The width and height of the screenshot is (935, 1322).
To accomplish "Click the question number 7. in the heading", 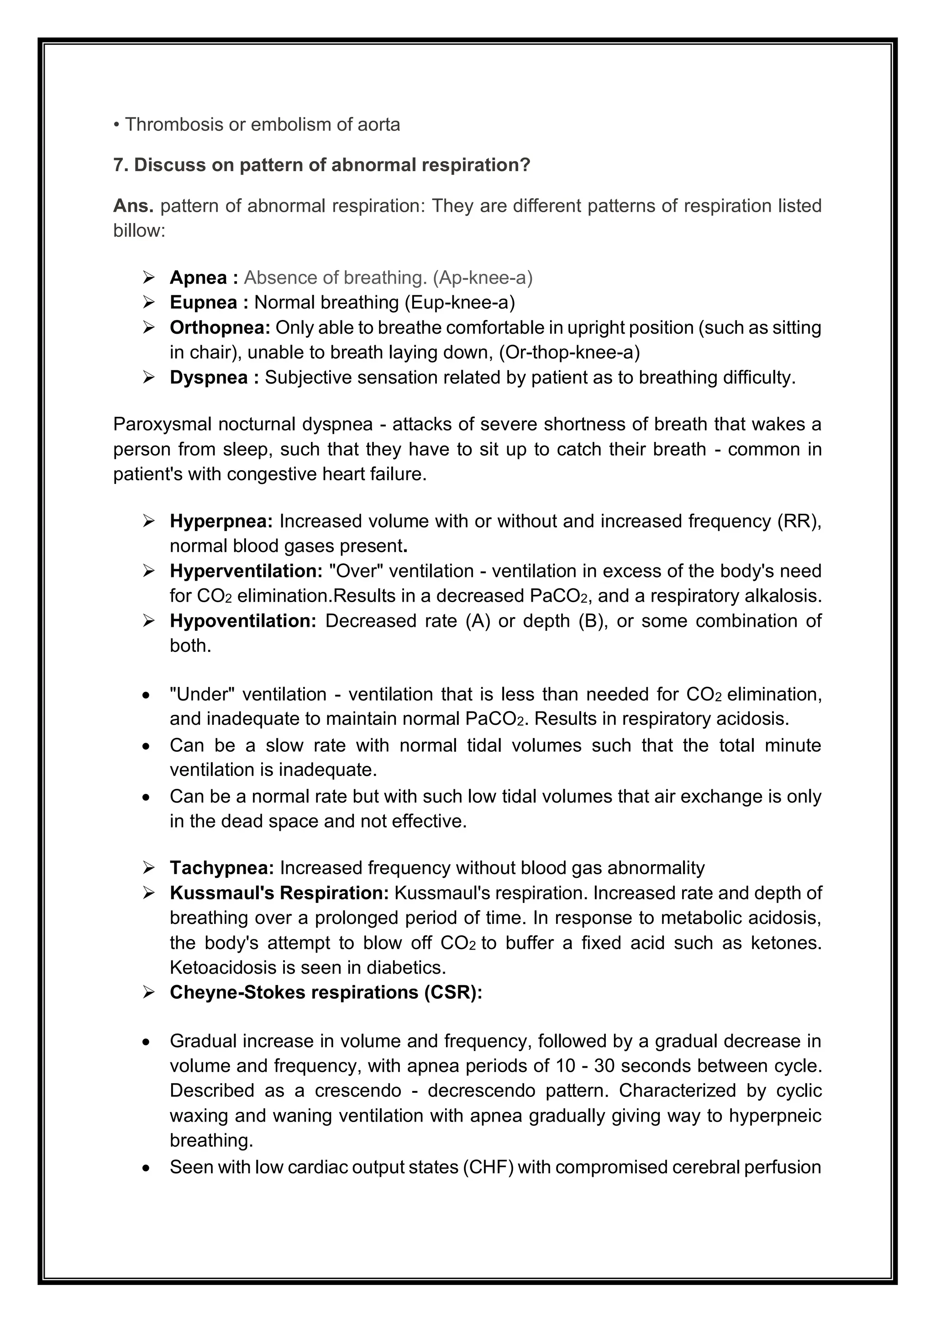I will pos(121,165).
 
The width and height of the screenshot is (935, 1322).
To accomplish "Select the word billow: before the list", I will pos(139,231).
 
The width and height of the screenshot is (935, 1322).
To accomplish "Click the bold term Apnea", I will pos(198,278).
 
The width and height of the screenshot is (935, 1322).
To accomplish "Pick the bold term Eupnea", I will pos(203,302).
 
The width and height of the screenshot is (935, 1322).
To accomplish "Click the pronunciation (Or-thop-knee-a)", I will pos(569,352).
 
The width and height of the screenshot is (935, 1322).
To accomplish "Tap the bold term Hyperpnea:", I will pos(221,521).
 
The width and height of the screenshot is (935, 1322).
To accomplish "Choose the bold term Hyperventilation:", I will pos(246,571).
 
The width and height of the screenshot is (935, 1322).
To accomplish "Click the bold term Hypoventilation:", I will pos(243,621).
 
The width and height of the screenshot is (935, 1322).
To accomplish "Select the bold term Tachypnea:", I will pos(222,868).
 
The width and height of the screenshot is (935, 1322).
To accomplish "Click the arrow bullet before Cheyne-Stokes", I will pos(149,993).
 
